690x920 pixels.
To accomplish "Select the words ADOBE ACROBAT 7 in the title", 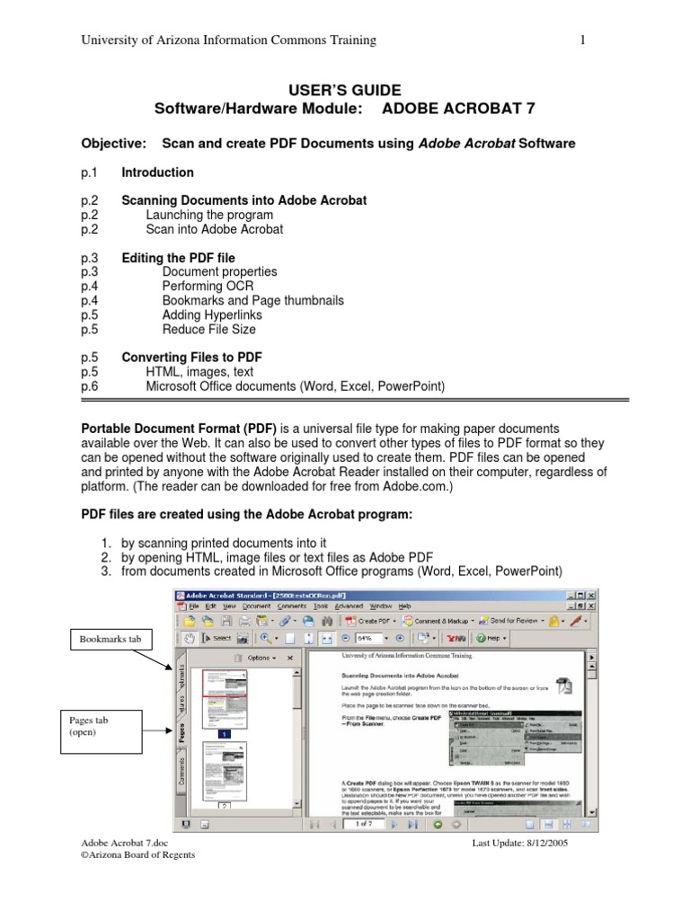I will (x=458, y=109).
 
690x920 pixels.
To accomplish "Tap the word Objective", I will (x=114, y=144).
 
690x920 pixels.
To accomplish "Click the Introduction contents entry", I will (x=157, y=172).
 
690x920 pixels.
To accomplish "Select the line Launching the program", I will (x=210, y=215).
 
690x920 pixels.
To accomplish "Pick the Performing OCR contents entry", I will (x=208, y=286).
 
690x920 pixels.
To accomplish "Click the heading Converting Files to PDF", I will (x=191, y=358).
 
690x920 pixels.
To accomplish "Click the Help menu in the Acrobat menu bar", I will (x=404, y=606).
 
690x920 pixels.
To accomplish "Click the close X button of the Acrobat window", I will (x=590, y=595).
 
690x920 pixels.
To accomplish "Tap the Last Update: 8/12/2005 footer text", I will (x=520, y=844).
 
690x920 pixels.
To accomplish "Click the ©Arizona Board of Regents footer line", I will (x=137, y=855).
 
